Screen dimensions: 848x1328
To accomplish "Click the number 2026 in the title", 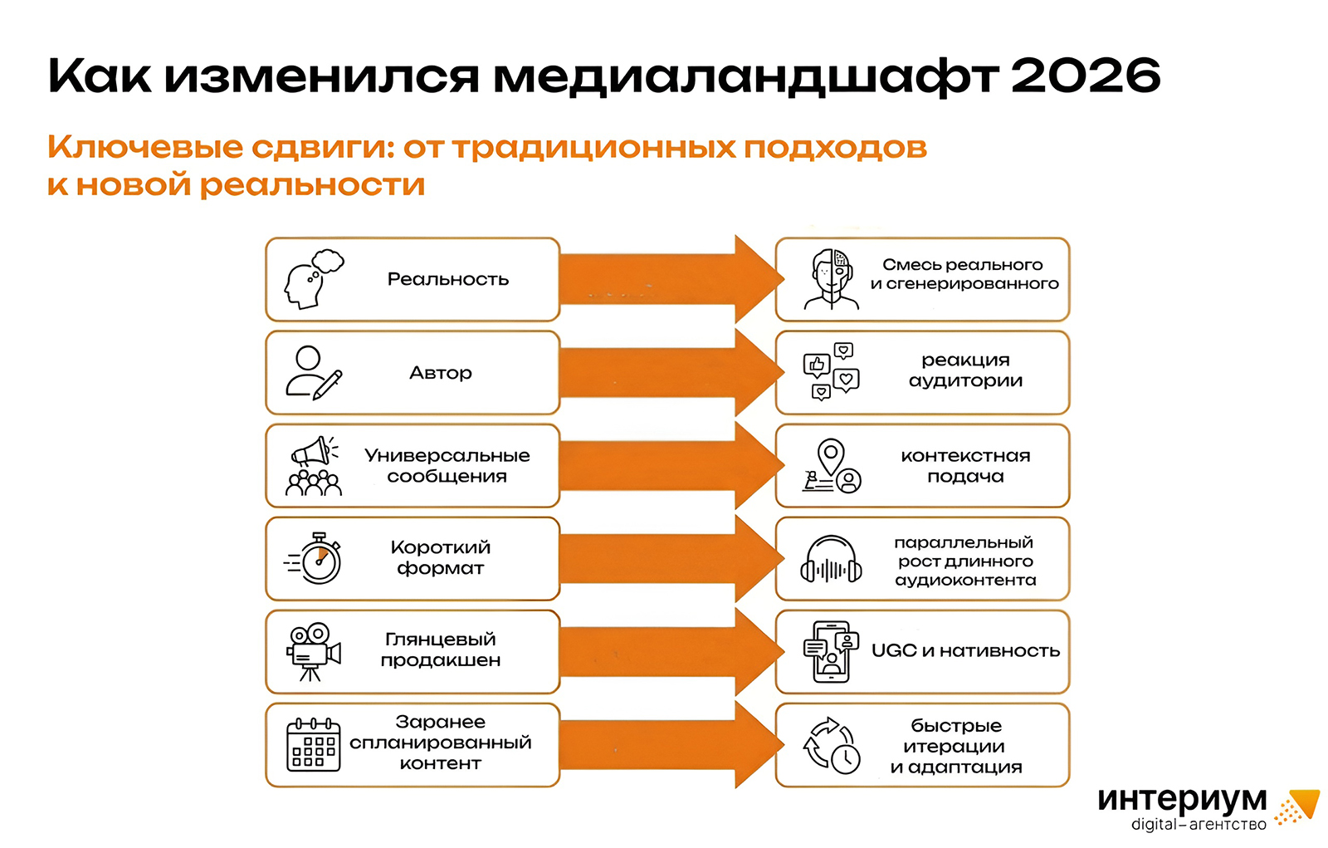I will coord(1085,76).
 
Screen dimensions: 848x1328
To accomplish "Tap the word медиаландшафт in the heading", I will coord(745,77).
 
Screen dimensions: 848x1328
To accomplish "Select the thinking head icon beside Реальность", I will coord(313,279).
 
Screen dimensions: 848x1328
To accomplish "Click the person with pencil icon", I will coord(313,373).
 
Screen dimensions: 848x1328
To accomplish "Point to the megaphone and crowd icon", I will coord(313,466).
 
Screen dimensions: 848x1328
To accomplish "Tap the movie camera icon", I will coord(313,652).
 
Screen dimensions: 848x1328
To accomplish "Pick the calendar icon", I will coord(313,745).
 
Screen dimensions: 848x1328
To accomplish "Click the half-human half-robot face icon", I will coord(831,279).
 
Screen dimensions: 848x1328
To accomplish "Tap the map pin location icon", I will coord(831,466).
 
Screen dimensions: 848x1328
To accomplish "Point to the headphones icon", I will coord(831,560).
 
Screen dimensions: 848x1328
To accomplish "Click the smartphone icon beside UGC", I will coord(831,652).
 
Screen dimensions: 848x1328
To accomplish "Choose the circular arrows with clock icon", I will coord(831,745).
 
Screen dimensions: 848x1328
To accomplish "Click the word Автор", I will coord(440,373).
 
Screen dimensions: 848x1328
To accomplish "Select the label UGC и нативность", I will coord(965,651).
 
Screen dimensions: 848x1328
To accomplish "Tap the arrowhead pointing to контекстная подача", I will coord(757,466).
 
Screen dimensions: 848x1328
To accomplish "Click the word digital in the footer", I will coord(1154,825).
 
